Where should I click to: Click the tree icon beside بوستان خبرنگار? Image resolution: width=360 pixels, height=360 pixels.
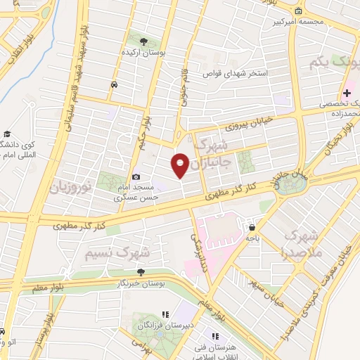pos(142,272)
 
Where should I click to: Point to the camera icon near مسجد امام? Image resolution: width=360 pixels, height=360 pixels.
pos(136,177)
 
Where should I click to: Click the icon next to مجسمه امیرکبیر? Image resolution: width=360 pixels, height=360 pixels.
pos(299,11)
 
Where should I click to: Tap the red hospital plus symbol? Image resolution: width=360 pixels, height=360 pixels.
pos(347,93)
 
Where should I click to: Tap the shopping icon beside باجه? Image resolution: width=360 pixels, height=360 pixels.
pos(252,226)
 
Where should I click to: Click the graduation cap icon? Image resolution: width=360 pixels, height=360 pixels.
pos(7,134)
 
